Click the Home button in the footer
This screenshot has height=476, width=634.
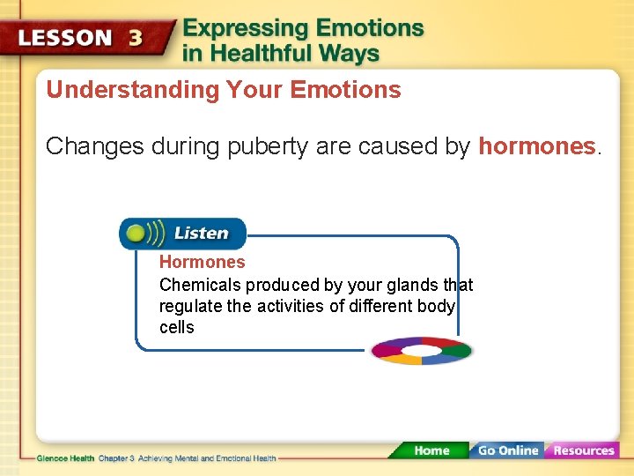pyautogui.click(x=431, y=450)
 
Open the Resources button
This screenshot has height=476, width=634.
pyautogui.click(x=583, y=450)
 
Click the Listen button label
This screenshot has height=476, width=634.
pyautogui.click(x=201, y=234)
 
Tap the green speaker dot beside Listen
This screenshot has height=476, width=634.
pyautogui.click(x=136, y=234)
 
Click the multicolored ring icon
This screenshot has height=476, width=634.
pyautogui.click(x=421, y=350)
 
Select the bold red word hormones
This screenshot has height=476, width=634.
pyautogui.click(x=537, y=146)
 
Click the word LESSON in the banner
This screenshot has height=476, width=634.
pyautogui.click(x=66, y=39)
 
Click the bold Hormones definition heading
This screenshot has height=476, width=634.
pyautogui.click(x=202, y=262)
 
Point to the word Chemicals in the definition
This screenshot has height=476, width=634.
pyautogui.click(x=200, y=285)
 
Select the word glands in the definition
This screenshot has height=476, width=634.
pyautogui.click(x=413, y=285)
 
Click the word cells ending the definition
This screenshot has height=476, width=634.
pyautogui.click(x=176, y=327)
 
